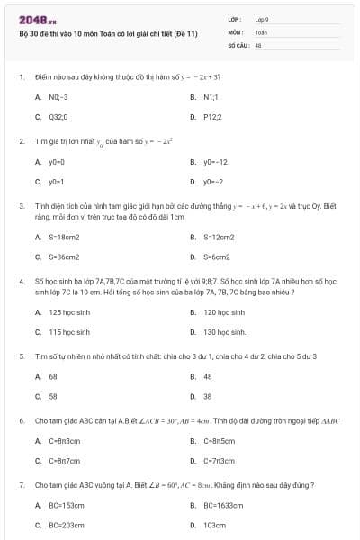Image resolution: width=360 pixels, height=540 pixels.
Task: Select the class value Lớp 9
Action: (x=262, y=18)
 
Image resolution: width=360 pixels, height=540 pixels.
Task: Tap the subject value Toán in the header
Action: (x=261, y=31)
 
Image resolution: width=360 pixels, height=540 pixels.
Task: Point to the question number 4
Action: (x=21, y=281)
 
